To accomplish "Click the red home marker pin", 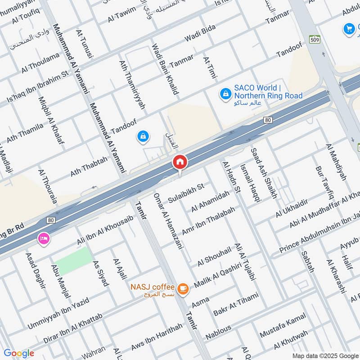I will click(x=180, y=162).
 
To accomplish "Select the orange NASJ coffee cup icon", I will click(x=182, y=289).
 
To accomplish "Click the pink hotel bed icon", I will click(x=44, y=238).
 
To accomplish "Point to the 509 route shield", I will click(x=314, y=39).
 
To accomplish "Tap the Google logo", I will click(x=19, y=353).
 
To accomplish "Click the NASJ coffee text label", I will click(x=152, y=287).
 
